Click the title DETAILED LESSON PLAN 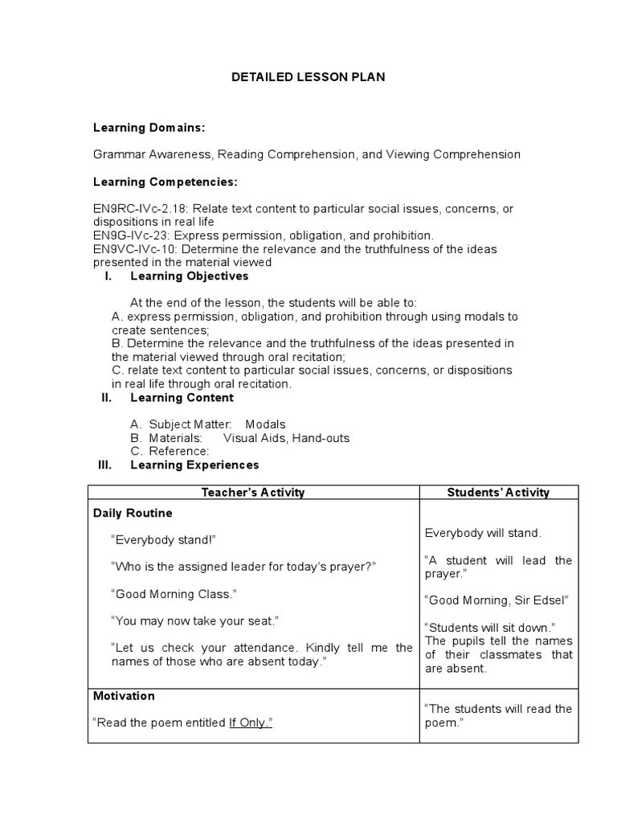[x=308, y=77]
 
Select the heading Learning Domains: [x=149, y=128]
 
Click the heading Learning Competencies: [x=165, y=182]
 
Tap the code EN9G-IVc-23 [x=131, y=235]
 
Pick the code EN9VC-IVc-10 [x=134, y=249]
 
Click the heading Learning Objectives [x=190, y=276]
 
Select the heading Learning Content [x=182, y=397]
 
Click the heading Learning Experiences [x=194, y=465]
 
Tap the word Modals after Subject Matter [x=265, y=424]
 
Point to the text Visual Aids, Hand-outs [x=286, y=438]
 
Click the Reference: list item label [x=179, y=452]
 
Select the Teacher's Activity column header [x=253, y=493]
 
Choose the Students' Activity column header [x=498, y=493]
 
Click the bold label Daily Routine [x=133, y=513]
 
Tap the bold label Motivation [x=124, y=696]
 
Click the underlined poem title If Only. [x=251, y=723]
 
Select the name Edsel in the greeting [x=551, y=600]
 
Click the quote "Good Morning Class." [x=174, y=594]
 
